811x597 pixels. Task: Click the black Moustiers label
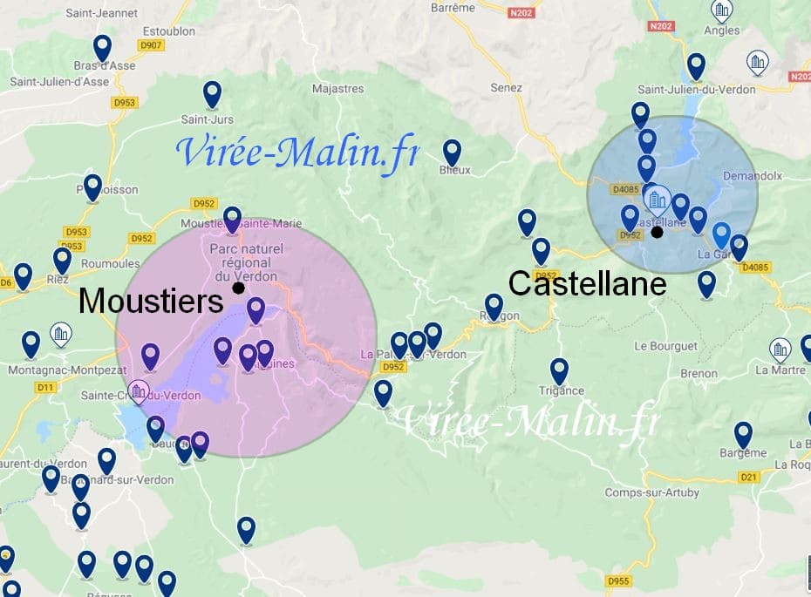(x=151, y=302)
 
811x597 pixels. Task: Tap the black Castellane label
(x=587, y=283)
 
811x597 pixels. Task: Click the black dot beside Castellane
(x=657, y=232)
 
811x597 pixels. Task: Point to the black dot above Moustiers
(x=237, y=287)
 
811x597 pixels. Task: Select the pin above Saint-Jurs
(x=212, y=93)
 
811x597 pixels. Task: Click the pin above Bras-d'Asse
(x=102, y=47)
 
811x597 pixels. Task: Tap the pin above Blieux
(x=452, y=152)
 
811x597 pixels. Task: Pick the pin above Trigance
(x=559, y=370)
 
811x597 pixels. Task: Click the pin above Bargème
(x=743, y=434)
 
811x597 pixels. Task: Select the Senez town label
(x=506, y=88)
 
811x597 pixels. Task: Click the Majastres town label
(x=337, y=88)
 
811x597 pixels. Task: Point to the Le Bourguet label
(x=666, y=346)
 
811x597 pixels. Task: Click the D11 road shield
(x=45, y=386)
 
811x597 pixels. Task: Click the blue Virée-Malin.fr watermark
(x=296, y=150)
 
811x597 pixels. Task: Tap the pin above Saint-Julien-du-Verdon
(x=696, y=65)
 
